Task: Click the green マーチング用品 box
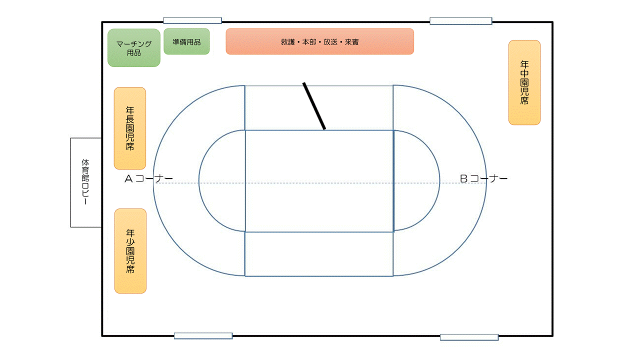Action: click(x=134, y=48)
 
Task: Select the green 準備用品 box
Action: click(x=186, y=41)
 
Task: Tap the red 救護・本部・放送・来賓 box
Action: click(x=319, y=41)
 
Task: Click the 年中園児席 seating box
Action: click(x=524, y=82)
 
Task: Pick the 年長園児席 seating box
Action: click(x=130, y=128)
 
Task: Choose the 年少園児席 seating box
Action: click(x=130, y=251)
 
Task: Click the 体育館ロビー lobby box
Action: click(x=85, y=182)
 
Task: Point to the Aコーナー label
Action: click(x=148, y=178)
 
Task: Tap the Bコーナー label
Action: click(x=483, y=178)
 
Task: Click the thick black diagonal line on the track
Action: click(x=314, y=106)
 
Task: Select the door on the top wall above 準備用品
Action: click(x=192, y=21)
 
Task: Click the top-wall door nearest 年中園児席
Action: click(x=460, y=21)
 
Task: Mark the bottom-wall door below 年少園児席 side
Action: click(x=203, y=336)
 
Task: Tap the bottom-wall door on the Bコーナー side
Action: click(x=469, y=337)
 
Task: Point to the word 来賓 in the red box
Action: click(x=352, y=42)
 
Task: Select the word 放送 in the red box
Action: click(x=330, y=42)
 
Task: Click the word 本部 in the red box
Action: click(x=309, y=42)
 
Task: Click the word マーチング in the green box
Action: click(x=134, y=44)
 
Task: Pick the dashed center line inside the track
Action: click(x=319, y=183)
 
